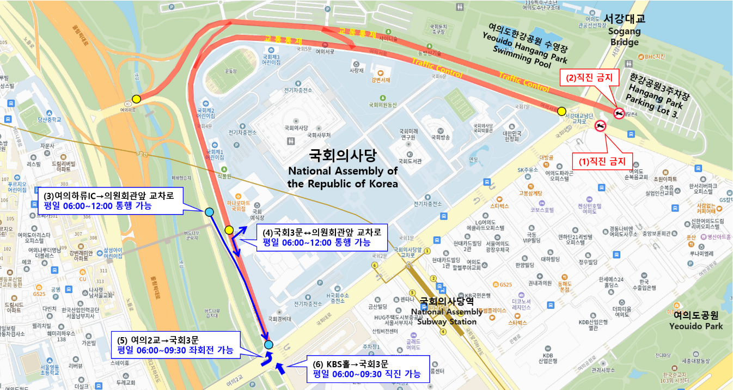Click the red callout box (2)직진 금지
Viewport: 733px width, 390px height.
pyautogui.click(x=589, y=78)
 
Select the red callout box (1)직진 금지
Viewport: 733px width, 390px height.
pyautogui.click(x=602, y=161)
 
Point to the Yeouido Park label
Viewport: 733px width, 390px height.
pyautogui.click(x=696, y=320)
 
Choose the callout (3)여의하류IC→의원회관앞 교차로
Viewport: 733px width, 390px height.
pyautogui.click(x=111, y=200)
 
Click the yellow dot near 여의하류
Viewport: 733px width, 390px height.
pyautogui.click(x=136, y=99)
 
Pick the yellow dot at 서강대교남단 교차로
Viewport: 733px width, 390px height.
pyautogui.click(x=561, y=111)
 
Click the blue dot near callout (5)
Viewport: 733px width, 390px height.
pyautogui.click(x=268, y=344)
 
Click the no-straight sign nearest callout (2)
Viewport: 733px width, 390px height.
pyautogui.click(x=619, y=113)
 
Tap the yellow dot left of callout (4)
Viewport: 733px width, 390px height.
pyautogui.click(x=229, y=230)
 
